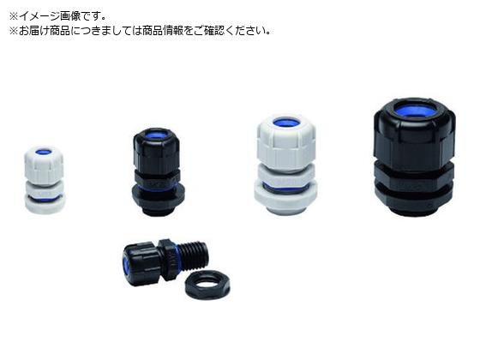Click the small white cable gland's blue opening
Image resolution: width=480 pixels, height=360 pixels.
click(x=44, y=152)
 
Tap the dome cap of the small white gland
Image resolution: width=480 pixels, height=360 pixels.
click(x=44, y=165)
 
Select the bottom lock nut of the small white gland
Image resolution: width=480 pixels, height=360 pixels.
click(x=45, y=205)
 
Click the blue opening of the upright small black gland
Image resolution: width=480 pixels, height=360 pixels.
click(x=157, y=135)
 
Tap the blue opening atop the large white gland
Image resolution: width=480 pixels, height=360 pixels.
click(x=286, y=123)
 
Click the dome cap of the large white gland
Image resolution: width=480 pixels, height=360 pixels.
click(x=286, y=141)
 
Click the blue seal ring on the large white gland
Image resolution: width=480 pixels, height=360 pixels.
click(x=285, y=187)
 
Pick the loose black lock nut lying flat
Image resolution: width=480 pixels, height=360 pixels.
click(x=207, y=285)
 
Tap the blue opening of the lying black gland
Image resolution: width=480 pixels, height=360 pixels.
click(x=125, y=265)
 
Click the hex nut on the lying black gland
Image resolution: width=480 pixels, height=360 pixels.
click(x=167, y=259)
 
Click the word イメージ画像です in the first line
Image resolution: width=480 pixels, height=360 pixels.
click(x=62, y=16)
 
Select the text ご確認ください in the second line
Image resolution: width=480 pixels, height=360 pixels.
click(x=232, y=30)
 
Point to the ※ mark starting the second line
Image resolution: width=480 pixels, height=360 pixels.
click(x=14, y=31)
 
